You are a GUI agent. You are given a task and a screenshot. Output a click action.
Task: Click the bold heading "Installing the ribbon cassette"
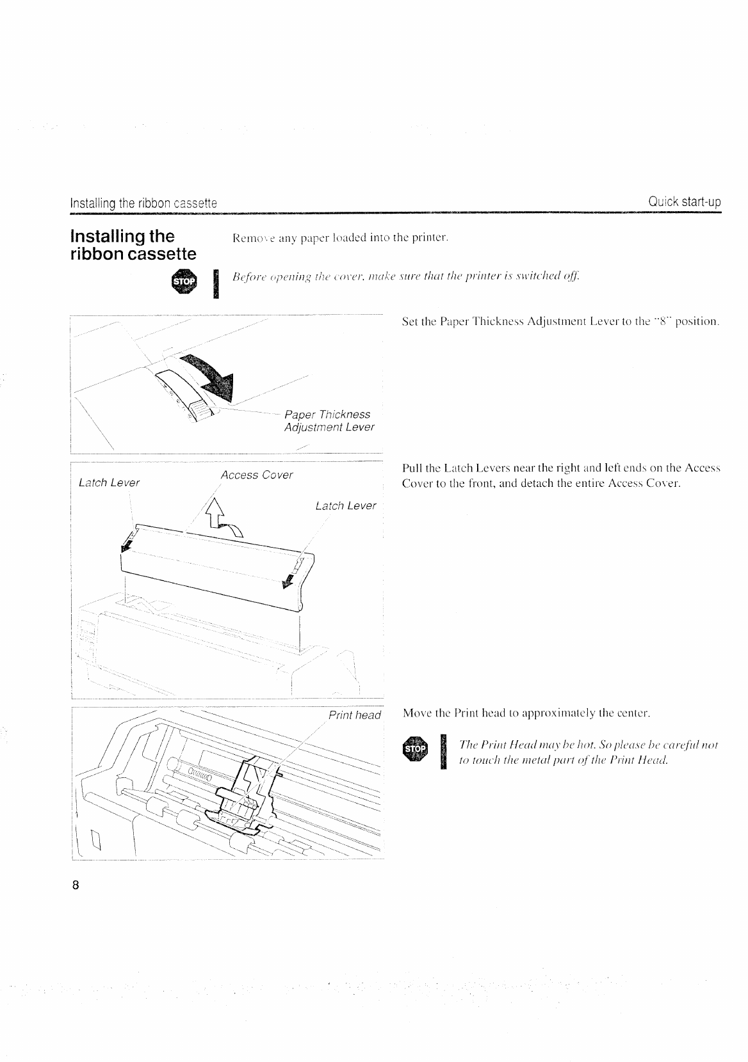133,245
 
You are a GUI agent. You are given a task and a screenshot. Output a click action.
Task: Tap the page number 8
76,886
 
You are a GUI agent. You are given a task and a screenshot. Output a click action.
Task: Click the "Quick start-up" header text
684,202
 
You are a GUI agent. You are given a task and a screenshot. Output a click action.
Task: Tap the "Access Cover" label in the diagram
256,475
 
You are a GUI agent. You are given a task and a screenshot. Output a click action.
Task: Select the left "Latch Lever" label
109,482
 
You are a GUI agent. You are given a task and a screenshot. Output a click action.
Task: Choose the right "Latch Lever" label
346,506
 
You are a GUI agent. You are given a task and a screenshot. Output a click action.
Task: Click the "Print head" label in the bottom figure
354,715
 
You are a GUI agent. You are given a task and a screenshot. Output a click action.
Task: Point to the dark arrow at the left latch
126,543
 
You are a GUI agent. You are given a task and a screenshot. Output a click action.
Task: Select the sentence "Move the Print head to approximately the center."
526,713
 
